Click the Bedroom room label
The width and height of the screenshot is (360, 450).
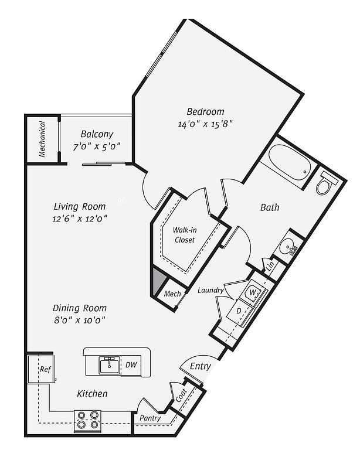click(205, 111)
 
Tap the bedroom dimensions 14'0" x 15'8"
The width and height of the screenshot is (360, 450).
click(205, 124)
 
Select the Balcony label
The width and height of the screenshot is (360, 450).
click(97, 134)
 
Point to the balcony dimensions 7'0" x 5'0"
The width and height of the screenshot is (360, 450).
click(97, 146)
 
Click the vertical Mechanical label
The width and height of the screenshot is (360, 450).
click(42, 139)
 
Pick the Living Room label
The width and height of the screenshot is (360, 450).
click(80, 206)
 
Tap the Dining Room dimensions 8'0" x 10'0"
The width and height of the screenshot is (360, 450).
click(80, 320)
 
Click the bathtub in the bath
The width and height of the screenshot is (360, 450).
click(289, 162)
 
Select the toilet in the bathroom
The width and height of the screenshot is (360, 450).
click(327, 183)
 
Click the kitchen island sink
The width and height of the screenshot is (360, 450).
click(110, 366)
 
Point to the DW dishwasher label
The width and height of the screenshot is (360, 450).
click(131, 364)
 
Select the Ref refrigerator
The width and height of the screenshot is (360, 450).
click(42, 369)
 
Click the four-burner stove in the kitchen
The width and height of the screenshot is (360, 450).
click(87, 420)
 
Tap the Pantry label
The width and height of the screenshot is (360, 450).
click(150, 418)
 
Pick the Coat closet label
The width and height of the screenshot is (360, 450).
click(181, 395)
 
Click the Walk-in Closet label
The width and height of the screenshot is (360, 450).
click(185, 235)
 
